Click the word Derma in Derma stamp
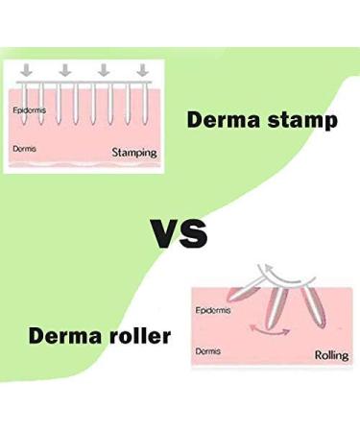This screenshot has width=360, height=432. pos(216,122)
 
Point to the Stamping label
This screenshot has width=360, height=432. pos(134,152)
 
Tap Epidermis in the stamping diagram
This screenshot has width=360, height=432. pos(29,110)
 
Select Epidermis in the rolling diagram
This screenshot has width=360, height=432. pos(213,311)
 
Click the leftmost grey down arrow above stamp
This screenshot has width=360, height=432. pos(26,70)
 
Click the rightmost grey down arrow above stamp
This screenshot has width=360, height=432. pos(143,70)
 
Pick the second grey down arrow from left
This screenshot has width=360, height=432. pos(65,70)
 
